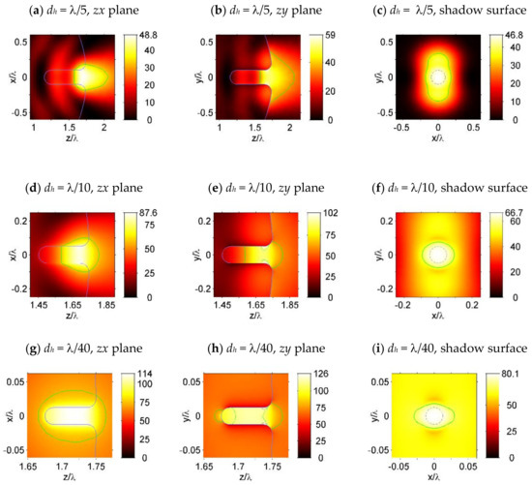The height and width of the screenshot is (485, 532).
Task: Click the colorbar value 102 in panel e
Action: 325,194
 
